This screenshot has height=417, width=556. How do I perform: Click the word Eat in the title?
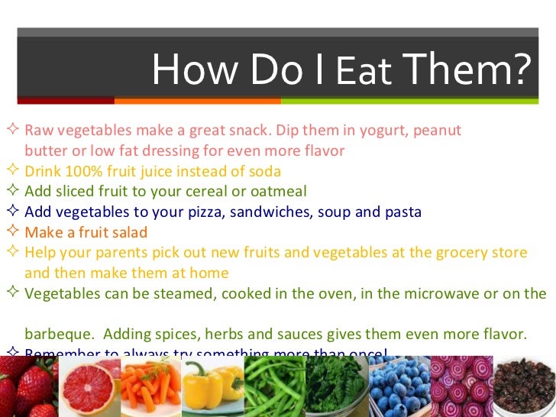pyautogui.click(x=364, y=73)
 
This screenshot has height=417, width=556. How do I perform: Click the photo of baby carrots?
pyautogui.click(x=151, y=387)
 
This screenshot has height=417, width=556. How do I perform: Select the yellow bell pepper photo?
pyautogui.click(x=212, y=387)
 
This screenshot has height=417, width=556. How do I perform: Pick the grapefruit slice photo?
pyautogui.click(x=90, y=387)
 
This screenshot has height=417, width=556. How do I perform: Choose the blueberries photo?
pyautogui.click(x=398, y=387)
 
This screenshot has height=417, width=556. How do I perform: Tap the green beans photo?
pyautogui.click(x=273, y=387)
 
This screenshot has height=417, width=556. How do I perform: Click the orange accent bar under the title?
pyautogui.click(x=198, y=100)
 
